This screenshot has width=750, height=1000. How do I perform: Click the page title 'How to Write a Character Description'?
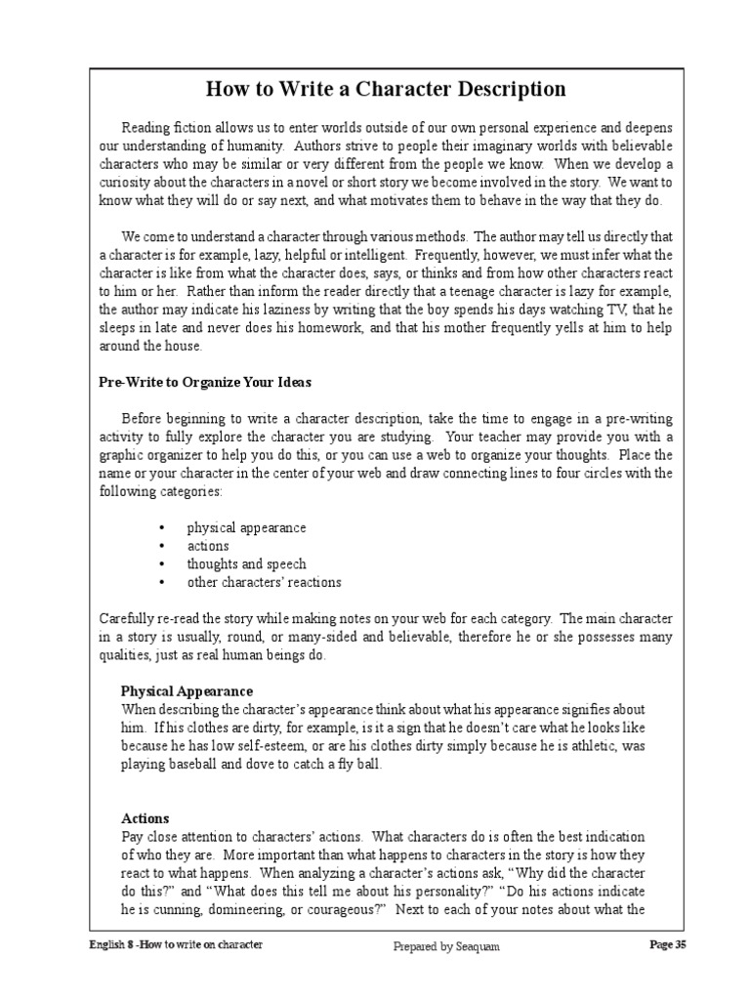click(386, 89)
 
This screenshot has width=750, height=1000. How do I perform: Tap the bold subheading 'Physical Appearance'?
click(187, 691)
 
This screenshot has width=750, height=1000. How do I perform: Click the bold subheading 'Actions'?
click(145, 818)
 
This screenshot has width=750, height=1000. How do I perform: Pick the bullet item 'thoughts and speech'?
click(246, 563)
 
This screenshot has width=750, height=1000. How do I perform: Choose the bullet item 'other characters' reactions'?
click(264, 582)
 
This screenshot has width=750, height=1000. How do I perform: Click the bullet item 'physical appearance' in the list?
click(246, 527)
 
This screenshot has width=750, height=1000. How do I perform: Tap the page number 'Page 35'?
click(668, 945)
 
